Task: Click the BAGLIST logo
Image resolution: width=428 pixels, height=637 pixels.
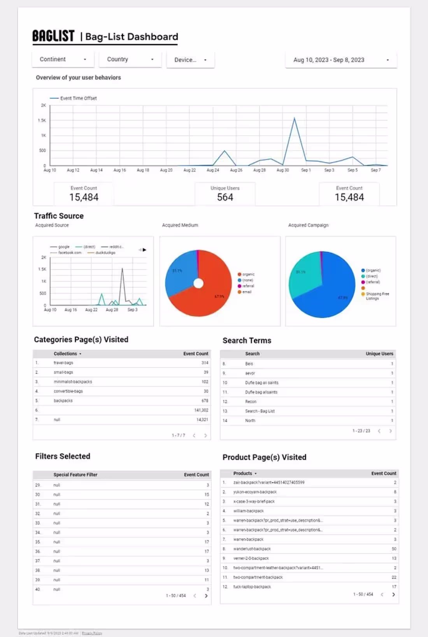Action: [53, 36]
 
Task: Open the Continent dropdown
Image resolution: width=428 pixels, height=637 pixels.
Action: [63, 59]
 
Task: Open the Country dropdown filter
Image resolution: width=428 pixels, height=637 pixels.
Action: [130, 59]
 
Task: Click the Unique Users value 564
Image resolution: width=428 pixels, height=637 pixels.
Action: [225, 197]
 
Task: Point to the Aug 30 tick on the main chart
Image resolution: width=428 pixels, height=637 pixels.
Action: [282, 170]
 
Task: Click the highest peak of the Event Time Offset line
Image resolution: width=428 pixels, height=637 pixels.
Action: [295, 118]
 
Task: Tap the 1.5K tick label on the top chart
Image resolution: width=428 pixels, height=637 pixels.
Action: [42, 120]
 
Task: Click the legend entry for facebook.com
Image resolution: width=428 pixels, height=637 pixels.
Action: [69, 252]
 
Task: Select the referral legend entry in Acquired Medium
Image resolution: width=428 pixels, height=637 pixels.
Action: [248, 286]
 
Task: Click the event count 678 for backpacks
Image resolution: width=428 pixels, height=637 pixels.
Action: [205, 401]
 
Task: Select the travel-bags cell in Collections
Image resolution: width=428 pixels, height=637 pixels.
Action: [63, 363]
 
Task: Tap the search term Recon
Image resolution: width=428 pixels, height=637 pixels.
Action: [251, 401]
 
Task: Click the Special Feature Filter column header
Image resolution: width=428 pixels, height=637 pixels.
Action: [75, 474]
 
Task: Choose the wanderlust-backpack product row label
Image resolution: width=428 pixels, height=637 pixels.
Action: [252, 549]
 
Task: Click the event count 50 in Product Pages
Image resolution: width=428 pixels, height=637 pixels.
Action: [394, 549]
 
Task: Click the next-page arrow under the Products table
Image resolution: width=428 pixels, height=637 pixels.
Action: [393, 595]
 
